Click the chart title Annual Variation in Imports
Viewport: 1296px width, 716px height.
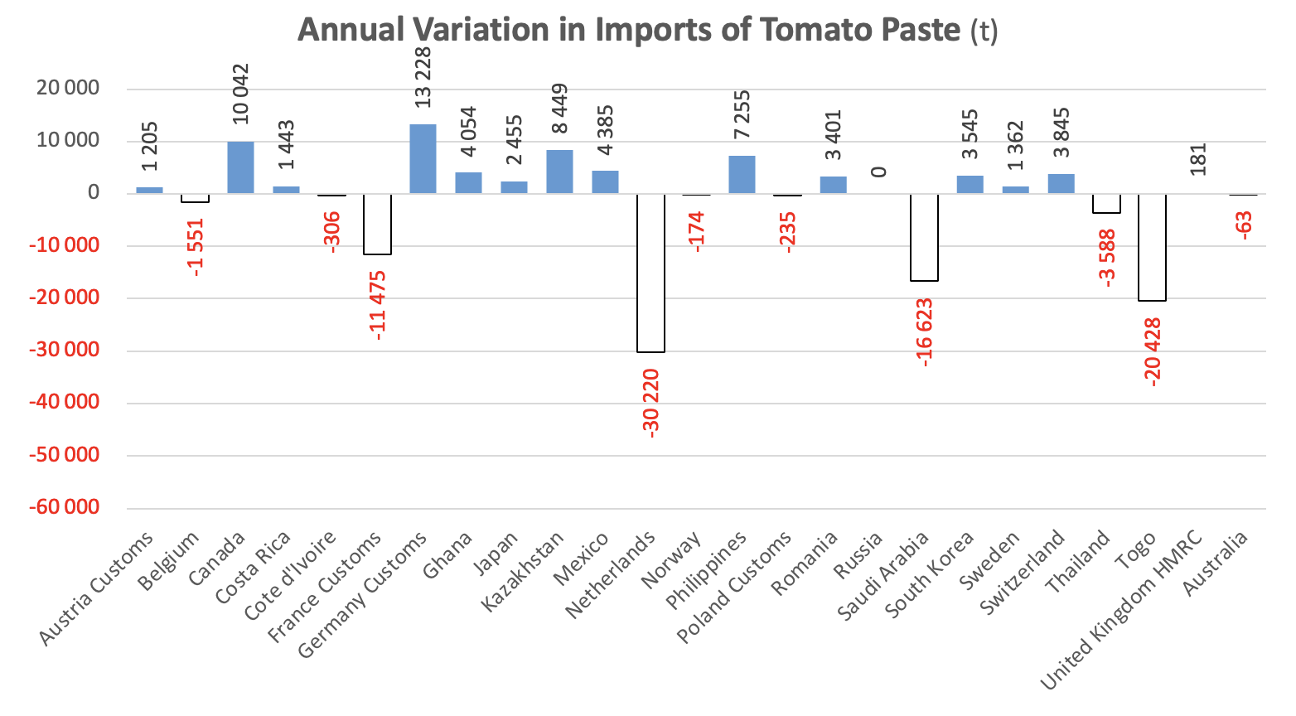coord(647,30)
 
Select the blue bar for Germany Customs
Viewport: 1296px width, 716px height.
coord(423,159)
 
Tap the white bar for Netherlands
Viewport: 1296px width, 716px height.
coord(650,273)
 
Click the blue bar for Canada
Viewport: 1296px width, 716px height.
coord(240,167)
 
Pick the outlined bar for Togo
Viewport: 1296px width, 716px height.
coord(1152,247)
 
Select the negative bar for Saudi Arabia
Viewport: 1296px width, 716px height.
coord(924,237)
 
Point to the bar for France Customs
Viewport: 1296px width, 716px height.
coord(377,224)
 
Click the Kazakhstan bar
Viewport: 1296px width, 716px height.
coord(559,172)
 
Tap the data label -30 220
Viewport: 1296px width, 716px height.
coord(650,403)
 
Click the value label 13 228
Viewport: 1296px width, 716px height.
coord(423,76)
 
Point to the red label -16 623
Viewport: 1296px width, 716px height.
coord(925,332)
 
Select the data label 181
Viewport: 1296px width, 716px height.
coord(1198,159)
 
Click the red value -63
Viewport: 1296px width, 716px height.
coord(1243,225)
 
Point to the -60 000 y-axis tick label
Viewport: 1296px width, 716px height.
coord(64,507)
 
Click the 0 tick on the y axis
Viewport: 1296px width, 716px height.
coord(92,193)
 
